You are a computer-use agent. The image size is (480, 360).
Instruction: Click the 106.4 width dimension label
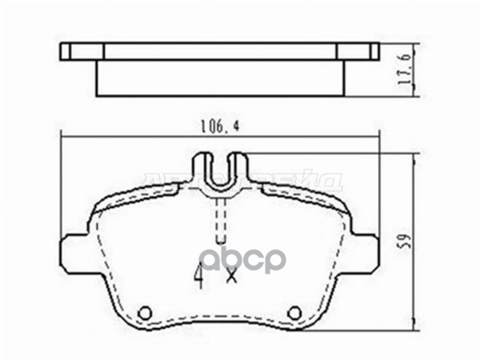(215, 126)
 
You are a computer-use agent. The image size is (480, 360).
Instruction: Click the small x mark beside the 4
(232, 277)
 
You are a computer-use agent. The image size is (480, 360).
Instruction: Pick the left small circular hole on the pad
(145, 312)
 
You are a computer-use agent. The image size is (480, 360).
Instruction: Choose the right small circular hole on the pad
(294, 312)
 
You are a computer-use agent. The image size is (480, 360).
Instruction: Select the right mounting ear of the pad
(364, 250)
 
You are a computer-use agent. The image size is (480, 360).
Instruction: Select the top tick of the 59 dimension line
(415, 155)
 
